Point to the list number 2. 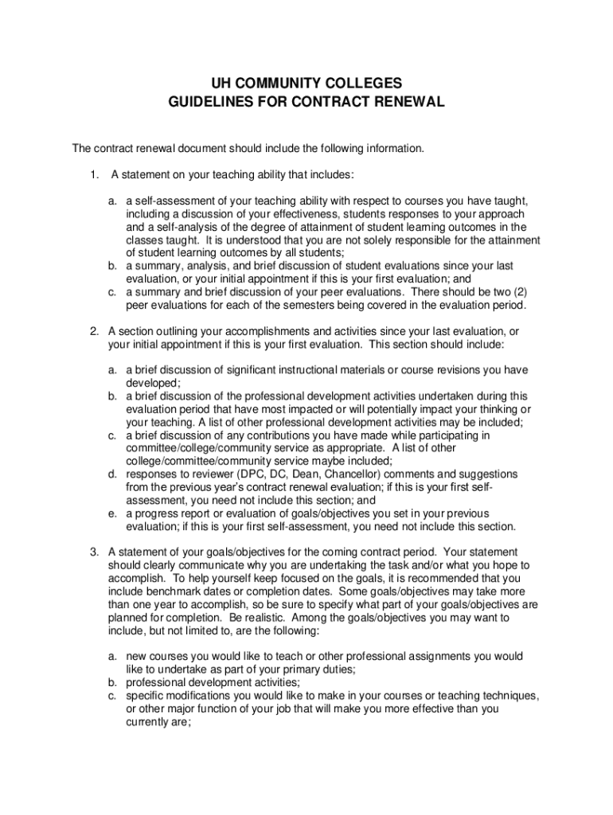point(93,331)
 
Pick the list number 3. point(93,552)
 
